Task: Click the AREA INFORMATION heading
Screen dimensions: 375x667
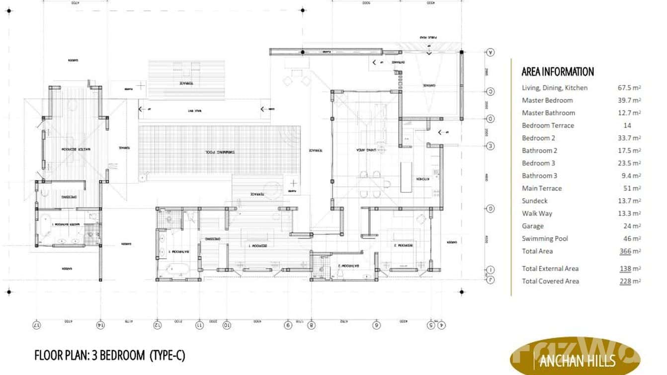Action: [558, 72]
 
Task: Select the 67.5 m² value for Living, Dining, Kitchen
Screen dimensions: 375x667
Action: [629, 88]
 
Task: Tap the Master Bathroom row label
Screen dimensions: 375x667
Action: [548, 113]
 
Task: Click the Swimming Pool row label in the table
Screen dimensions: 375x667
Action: [545, 238]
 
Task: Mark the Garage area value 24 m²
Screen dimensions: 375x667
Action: [630, 226]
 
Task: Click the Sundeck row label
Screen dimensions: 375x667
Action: [535, 200]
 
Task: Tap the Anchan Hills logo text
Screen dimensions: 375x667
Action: [577, 360]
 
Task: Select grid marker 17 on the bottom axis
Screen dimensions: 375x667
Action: [36, 325]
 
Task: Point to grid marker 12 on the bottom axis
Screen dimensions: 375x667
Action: [158, 325]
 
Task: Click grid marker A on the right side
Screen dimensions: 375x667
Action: [491, 52]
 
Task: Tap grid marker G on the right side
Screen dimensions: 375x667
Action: [491, 209]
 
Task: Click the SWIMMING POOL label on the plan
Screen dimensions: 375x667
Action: [219, 152]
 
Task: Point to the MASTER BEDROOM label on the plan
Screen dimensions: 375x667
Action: [72, 149]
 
